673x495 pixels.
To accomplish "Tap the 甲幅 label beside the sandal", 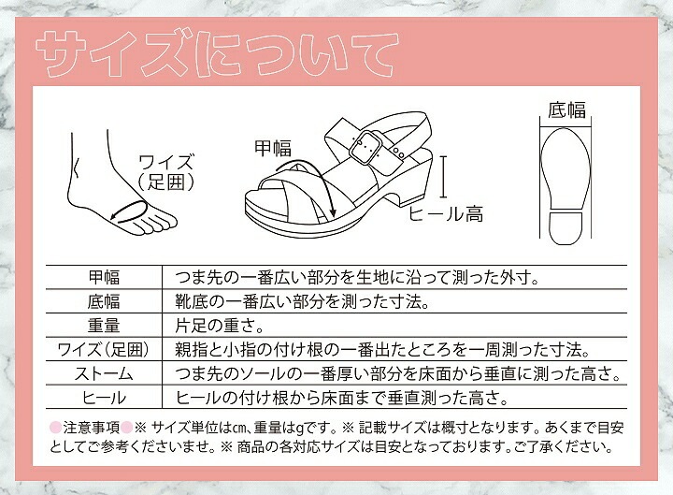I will pos(273,148).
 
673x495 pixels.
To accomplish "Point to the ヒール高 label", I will pos(447,214).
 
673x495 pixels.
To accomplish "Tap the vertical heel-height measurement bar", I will pos(444,179).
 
